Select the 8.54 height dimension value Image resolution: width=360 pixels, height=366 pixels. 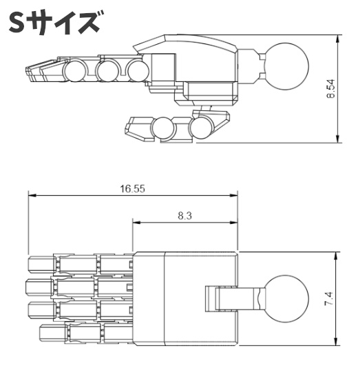tap(330, 90)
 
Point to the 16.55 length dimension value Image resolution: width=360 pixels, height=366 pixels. tap(131, 187)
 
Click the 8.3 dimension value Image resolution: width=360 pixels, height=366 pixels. tap(184, 215)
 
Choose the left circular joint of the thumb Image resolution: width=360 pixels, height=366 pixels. tap(163, 128)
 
